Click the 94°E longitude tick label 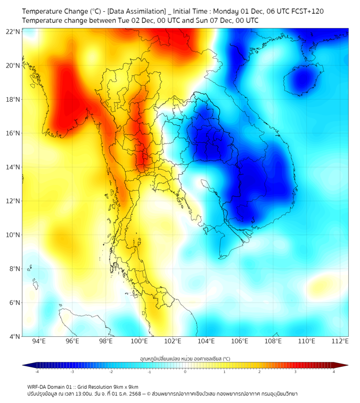coord(39,342)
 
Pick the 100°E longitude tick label coord(140,342)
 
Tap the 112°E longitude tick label coord(340,342)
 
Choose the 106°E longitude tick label coord(240,342)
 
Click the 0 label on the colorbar coord(185,372)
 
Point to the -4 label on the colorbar coord(36,372)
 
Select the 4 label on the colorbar coord(334,372)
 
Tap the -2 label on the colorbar coord(111,372)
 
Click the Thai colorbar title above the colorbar coord(185,359)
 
